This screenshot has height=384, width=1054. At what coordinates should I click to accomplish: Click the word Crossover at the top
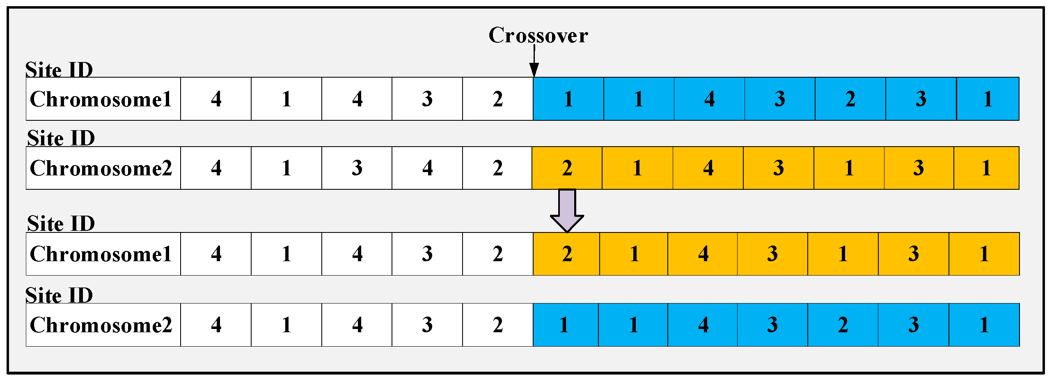[x=538, y=35]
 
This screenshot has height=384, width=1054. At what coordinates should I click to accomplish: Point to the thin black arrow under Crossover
[x=534, y=62]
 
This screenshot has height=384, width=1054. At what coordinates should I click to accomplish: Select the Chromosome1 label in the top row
[x=101, y=99]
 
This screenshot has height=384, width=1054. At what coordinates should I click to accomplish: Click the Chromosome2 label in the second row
[x=101, y=168]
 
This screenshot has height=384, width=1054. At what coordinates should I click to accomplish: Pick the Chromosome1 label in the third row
[x=101, y=254]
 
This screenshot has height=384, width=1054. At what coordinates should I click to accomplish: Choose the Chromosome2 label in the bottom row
[x=101, y=325]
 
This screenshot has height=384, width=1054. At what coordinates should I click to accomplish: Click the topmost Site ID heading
[x=59, y=69]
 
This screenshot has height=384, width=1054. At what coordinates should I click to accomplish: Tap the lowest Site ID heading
[x=59, y=295]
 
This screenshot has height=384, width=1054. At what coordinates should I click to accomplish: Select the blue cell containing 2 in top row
[x=850, y=99]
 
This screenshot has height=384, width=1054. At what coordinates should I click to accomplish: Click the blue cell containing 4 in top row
[x=709, y=99]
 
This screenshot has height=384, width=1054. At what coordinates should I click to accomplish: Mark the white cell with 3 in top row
[x=427, y=99]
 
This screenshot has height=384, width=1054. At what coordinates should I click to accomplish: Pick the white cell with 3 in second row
[x=357, y=168]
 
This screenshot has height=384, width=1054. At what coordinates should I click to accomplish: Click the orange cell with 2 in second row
[x=567, y=168]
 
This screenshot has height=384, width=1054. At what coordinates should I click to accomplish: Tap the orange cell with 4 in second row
[x=708, y=168]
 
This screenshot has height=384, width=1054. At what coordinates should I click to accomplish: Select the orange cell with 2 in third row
[x=566, y=254]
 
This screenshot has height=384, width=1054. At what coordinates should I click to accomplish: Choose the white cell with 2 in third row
[x=497, y=254]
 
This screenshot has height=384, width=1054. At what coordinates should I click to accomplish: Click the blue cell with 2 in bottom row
[x=843, y=325]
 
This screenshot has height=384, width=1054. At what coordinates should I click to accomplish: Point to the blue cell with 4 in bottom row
[x=703, y=325]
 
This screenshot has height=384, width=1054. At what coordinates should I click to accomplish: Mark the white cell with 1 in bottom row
[x=286, y=325]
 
